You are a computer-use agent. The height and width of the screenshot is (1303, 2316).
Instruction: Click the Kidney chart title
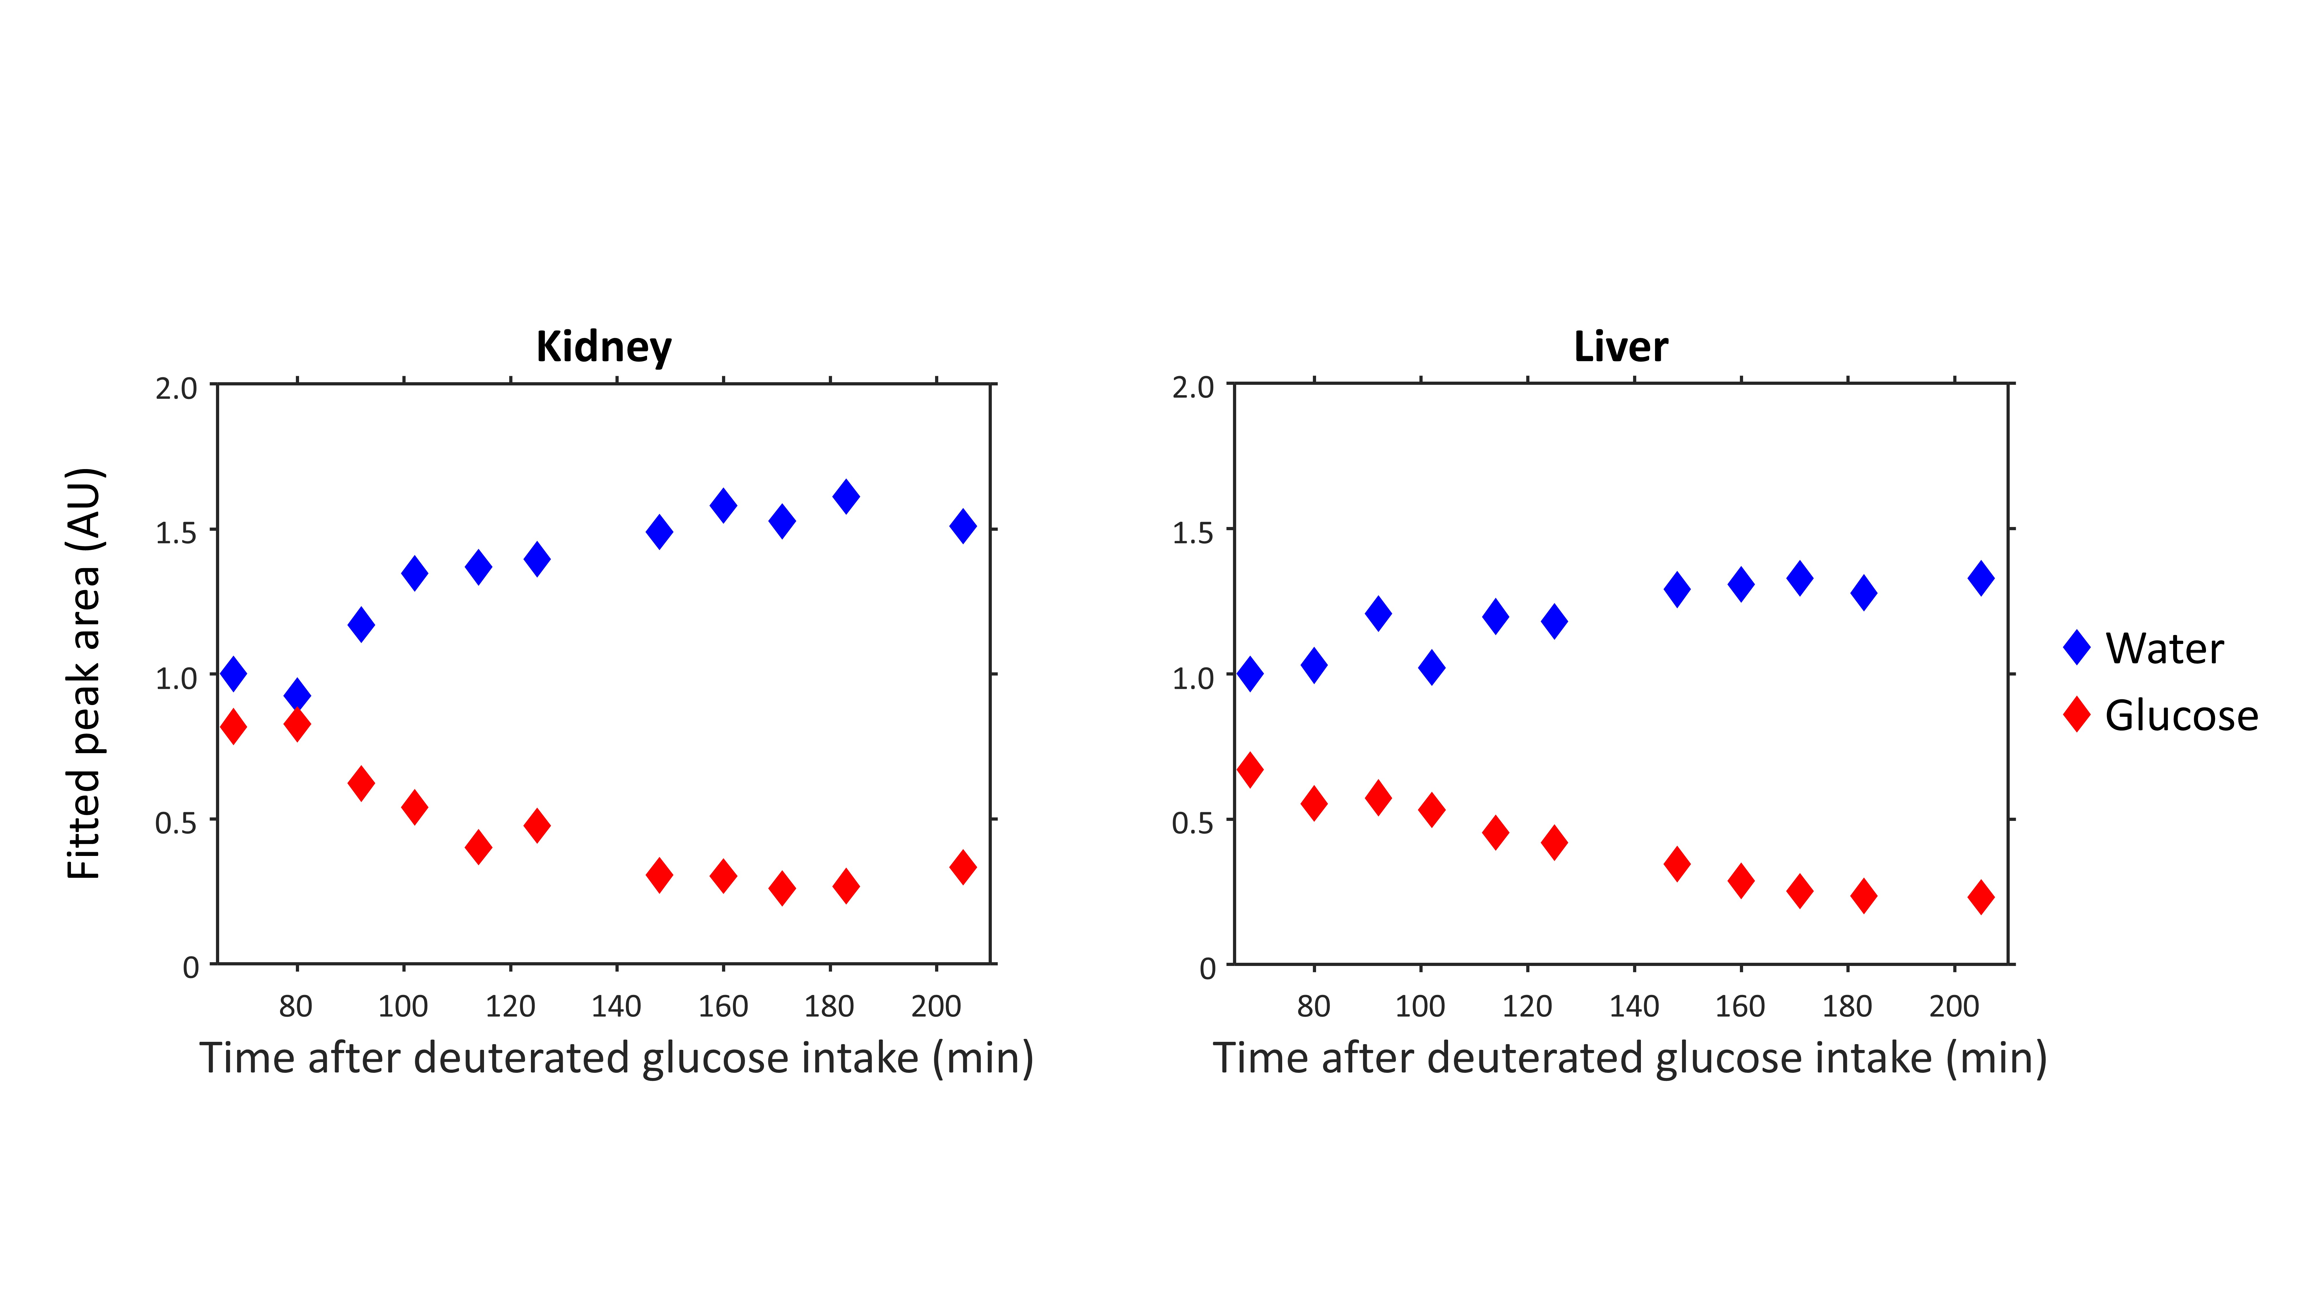tap(603, 347)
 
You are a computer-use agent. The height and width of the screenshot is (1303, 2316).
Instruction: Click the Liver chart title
tap(1620, 347)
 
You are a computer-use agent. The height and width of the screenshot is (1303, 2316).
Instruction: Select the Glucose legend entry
tap(2180, 716)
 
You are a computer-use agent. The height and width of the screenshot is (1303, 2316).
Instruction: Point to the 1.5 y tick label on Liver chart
tap(1192, 532)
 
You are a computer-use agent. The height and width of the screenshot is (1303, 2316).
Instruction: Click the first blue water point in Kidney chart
tap(233, 673)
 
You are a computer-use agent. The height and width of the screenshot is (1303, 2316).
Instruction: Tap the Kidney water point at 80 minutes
tap(297, 695)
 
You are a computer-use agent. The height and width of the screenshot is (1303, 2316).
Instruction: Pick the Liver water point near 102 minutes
tap(1431, 667)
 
